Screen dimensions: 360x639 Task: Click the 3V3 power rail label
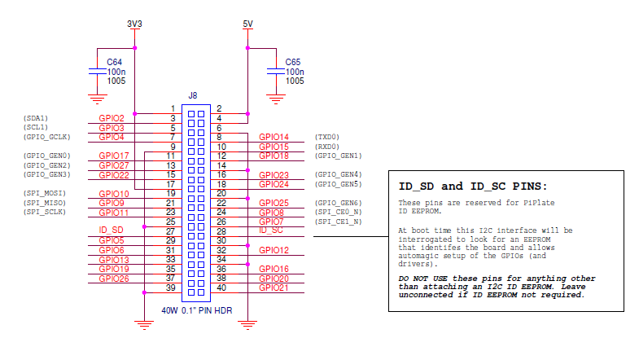pos(135,24)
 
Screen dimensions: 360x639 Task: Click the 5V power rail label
pos(248,24)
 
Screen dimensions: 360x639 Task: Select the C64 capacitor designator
pos(115,62)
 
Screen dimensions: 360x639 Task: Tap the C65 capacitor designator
pos(294,62)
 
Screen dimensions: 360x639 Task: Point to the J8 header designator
pos(193,95)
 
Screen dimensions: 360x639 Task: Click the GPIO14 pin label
pos(274,137)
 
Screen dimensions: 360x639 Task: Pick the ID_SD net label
pos(111,230)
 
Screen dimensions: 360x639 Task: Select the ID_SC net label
pos(270,230)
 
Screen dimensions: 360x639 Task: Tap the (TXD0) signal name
pos(326,137)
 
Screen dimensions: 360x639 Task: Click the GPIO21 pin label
pos(274,288)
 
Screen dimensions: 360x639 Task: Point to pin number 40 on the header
pos(221,288)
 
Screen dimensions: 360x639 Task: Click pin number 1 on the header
pos(173,108)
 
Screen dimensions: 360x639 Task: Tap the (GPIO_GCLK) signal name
pos(48,137)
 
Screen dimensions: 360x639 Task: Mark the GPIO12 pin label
pos(274,250)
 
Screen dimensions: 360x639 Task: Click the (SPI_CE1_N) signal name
pos(338,222)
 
